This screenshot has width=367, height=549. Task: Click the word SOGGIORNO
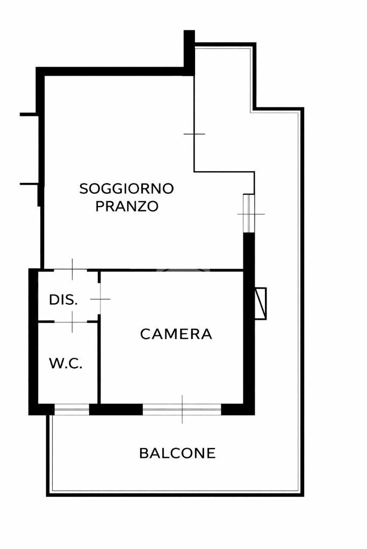[x=127, y=189]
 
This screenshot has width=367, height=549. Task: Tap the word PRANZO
[x=127, y=207]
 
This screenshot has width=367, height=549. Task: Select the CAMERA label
[x=176, y=334]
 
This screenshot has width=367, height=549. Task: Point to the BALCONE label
[x=177, y=453]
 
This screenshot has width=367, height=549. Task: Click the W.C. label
[x=66, y=364]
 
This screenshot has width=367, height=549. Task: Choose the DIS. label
[x=63, y=300]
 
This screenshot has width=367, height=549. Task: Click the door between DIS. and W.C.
[x=72, y=321]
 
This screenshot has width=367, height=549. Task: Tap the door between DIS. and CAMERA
[x=99, y=299]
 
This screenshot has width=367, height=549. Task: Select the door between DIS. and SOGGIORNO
[x=72, y=269]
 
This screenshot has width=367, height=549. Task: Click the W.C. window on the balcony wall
[x=71, y=411]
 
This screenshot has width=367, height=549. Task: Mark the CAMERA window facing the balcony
[x=182, y=410]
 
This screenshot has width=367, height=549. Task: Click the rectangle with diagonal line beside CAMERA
[x=261, y=304]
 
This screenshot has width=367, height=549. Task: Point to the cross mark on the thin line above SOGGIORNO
[x=194, y=134]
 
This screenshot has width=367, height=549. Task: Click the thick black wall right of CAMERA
[x=249, y=322]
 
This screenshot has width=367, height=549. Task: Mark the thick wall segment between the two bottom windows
[x=116, y=410]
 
